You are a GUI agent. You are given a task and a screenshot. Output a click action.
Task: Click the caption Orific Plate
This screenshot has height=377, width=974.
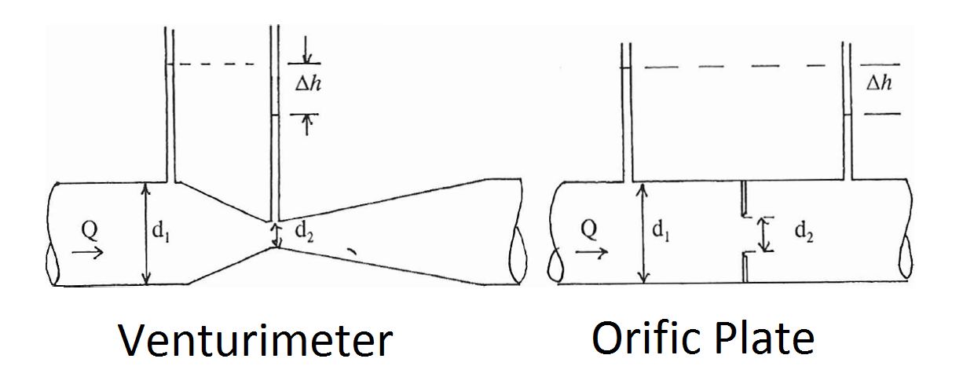click(x=703, y=339)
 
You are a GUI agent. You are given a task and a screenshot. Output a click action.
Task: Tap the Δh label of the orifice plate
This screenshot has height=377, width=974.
click(x=878, y=83)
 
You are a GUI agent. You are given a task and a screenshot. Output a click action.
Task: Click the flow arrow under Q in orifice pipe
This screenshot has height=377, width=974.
click(x=590, y=252)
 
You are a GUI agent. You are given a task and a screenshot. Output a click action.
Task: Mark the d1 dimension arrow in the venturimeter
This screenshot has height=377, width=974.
click(x=145, y=232)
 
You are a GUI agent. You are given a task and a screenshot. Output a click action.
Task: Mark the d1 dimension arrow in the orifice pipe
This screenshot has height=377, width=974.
click(x=643, y=232)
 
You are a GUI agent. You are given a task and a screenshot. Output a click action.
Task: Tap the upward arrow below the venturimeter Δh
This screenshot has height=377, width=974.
click(x=307, y=126)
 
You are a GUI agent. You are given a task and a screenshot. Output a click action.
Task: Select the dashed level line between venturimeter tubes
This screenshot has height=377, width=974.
click(x=220, y=64)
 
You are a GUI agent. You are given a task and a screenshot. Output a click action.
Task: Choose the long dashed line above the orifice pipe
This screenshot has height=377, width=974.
click(x=742, y=67)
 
